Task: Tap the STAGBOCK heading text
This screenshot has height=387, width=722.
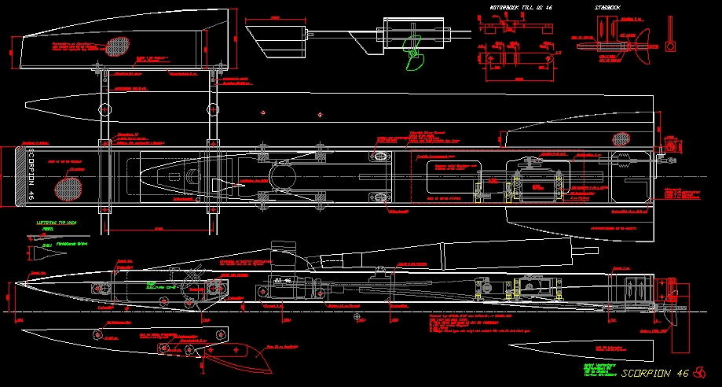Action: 607,6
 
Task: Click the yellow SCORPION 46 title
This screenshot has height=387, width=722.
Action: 654,372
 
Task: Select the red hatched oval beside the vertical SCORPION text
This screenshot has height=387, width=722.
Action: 68,188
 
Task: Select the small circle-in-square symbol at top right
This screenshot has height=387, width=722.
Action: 670,46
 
